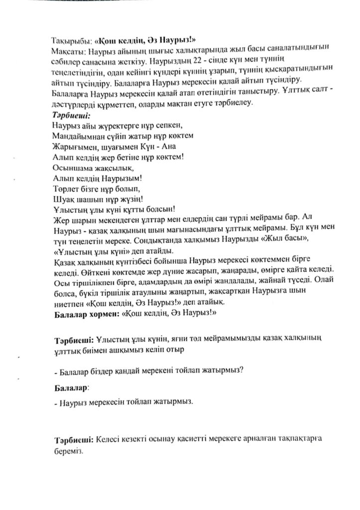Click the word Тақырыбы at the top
point(70,41)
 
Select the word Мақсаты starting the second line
point(68,51)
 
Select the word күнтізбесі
point(135,260)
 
